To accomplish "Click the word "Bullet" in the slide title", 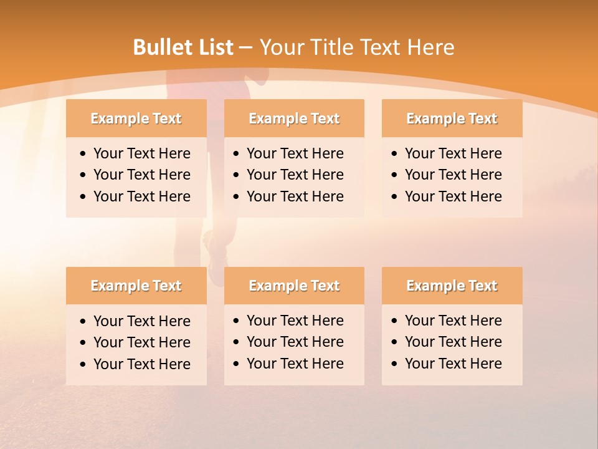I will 163,47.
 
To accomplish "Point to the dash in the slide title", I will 245,48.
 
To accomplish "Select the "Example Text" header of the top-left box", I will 136,118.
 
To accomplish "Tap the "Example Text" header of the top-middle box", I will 294,118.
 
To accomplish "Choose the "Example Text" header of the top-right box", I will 452,118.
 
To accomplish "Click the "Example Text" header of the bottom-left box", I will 136,286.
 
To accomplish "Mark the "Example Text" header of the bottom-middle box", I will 294,286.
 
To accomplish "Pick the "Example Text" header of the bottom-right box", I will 452,286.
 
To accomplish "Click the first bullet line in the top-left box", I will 141,153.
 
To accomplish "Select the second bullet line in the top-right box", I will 453,175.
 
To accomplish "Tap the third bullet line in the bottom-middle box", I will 295,364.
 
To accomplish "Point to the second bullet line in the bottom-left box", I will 141,342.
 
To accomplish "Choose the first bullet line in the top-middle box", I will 295,153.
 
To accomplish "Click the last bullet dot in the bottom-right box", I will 394,364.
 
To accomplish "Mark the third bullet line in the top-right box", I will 453,196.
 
